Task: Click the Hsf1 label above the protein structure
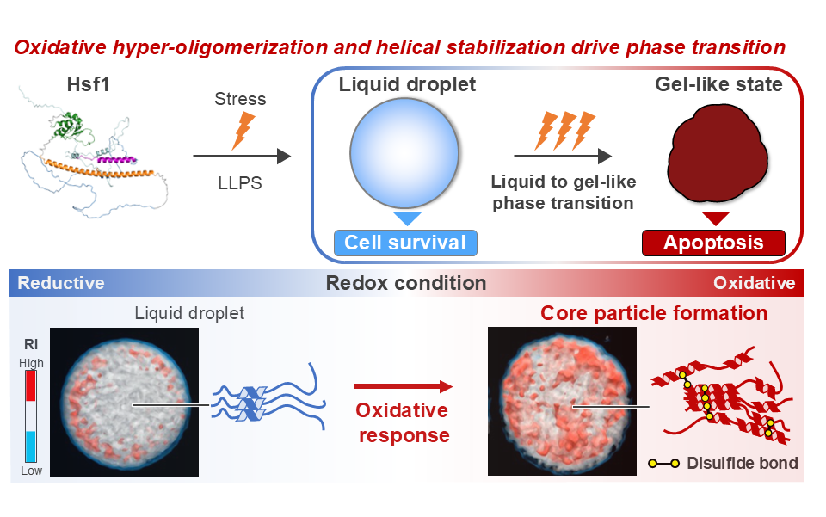pyautogui.click(x=88, y=84)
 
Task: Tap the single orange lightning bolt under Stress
pyautogui.click(x=243, y=131)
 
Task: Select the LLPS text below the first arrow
pyautogui.click(x=240, y=182)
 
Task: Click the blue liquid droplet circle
pyautogui.click(x=404, y=152)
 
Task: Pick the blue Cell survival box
pyautogui.click(x=405, y=243)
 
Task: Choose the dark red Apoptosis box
pyautogui.click(x=714, y=243)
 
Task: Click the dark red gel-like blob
pyautogui.click(x=718, y=154)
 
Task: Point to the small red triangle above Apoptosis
pyautogui.click(x=715, y=218)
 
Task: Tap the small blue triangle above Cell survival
pyautogui.click(x=407, y=218)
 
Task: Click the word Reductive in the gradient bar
pyautogui.click(x=61, y=283)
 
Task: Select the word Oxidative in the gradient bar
pyautogui.click(x=755, y=283)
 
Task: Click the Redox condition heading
pyautogui.click(x=406, y=283)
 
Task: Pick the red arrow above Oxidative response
pyautogui.click(x=404, y=386)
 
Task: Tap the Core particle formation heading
pyautogui.click(x=654, y=313)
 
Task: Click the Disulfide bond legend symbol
pyautogui.click(x=663, y=464)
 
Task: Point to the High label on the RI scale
pyautogui.click(x=31, y=363)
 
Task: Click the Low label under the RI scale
pyautogui.click(x=31, y=471)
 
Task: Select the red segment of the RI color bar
pyautogui.click(x=31, y=386)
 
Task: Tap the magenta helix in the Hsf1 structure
pyautogui.click(x=117, y=159)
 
